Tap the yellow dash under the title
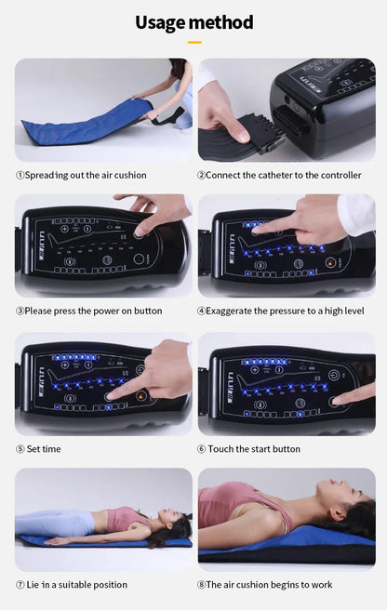tap(194, 42)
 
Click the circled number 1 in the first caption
tap(20, 176)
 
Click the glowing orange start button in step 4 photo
tap(330, 263)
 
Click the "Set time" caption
tap(44, 449)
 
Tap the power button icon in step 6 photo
tap(334, 376)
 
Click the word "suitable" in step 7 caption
tap(73, 585)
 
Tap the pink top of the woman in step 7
tap(122, 519)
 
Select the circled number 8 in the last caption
tap(201, 585)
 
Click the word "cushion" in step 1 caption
tap(130, 175)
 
